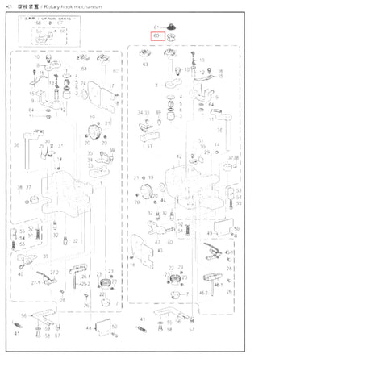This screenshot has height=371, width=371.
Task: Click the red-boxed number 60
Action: (156, 35)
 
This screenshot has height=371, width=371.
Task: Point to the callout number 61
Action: (157, 27)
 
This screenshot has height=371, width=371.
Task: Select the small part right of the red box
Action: (172, 36)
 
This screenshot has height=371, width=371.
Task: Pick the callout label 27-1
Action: (35, 283)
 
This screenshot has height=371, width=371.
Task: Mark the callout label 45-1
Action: (230, 252)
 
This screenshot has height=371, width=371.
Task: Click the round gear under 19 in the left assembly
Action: (94, 132)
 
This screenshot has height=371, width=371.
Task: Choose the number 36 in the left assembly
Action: (16, 145)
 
